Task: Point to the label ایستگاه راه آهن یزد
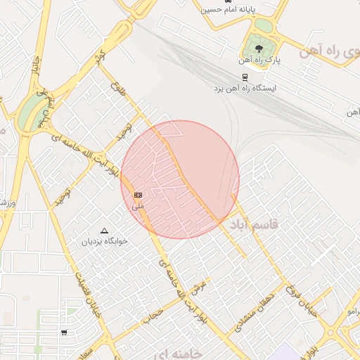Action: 245,89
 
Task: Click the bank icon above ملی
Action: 138,194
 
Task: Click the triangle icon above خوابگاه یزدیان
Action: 105,230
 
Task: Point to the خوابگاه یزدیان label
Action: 104,241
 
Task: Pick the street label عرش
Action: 199,288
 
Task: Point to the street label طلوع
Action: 116,90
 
